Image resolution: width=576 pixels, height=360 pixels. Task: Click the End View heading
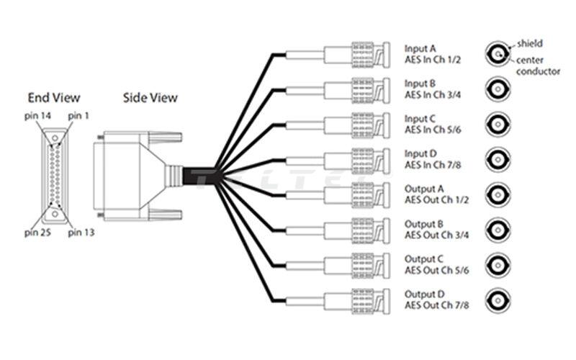point(54,98)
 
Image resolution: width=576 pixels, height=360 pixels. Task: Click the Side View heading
point(150,97)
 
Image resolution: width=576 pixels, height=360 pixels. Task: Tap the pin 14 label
point(37,116)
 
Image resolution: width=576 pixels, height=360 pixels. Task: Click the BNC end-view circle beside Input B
point(497,89)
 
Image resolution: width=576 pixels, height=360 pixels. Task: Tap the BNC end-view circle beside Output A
point(497,194)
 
